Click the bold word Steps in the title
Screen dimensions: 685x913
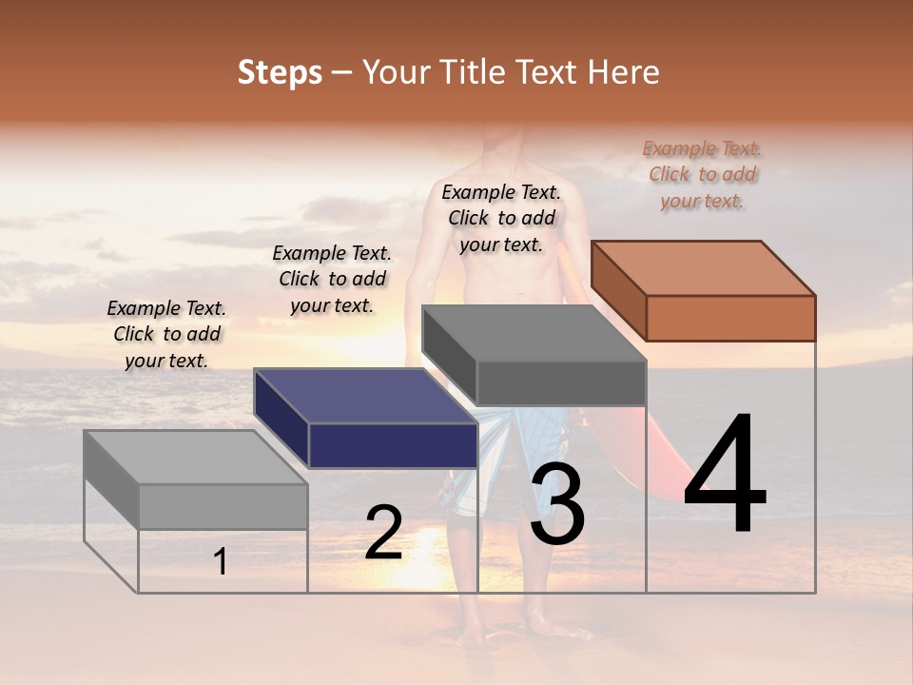point(280,72)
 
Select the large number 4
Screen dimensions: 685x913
point(725,476)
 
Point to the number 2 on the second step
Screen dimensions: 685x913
point(383,533)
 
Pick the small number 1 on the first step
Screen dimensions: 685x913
point(221,561)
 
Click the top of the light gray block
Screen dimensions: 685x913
point(196,458)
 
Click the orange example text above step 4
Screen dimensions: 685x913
point(702,174)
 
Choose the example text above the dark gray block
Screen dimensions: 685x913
point(501,218)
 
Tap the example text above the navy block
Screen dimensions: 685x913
point(332,279)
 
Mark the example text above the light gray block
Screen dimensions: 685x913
point(166,334)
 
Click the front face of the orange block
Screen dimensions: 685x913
point(730,318)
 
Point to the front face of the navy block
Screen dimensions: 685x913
point(393,445)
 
